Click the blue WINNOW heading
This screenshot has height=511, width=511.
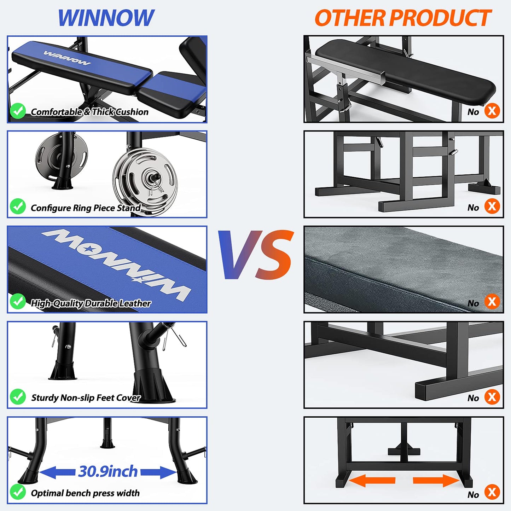click(x=106, y=18)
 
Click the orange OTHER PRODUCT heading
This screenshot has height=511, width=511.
click(x=403, y=18)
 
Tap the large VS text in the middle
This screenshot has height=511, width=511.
click(x=256, y=255)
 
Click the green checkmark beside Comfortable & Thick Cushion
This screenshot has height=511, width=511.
click(x=18, y=111)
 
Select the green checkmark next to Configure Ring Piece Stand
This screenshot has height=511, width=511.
click(x=18, y=207)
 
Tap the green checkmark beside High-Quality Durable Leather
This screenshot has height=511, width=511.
click(x=18, y=302)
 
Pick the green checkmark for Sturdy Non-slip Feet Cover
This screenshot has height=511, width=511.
click(x=18, y=397)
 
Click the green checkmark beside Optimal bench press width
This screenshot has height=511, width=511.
click(x=18, y=492)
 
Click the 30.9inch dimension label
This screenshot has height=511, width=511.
click(x=108, y=471)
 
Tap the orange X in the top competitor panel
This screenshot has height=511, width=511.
click(x=492, y=111)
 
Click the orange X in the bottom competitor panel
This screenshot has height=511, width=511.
click(x=492, y=492)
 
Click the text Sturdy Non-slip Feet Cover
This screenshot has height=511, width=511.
click(x=86, y=398)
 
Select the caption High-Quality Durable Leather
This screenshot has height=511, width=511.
click(x=91, y=303)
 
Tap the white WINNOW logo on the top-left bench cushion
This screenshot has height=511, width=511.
click(x=67, y=58)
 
